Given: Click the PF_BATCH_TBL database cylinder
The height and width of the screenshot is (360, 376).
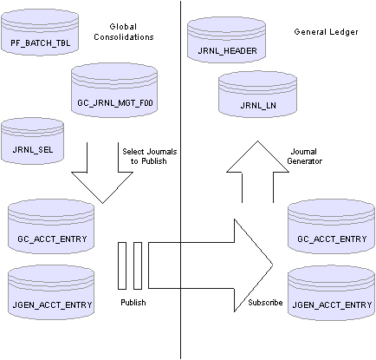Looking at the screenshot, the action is point(40,32).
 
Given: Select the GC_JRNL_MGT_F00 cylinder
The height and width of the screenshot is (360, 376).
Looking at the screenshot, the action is point(114,90).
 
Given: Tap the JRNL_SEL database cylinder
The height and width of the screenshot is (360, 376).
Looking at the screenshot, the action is point(32,141).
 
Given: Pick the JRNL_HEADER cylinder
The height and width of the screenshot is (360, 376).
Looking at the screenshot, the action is point(226,40).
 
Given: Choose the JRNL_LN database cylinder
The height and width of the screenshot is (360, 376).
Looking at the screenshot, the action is point(257,95).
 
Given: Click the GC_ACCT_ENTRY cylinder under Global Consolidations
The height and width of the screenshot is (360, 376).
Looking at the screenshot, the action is point(51,226).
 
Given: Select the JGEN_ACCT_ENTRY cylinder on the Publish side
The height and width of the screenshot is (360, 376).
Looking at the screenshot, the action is point(51,292).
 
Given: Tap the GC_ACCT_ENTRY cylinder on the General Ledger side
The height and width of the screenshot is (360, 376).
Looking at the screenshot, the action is point(331,226).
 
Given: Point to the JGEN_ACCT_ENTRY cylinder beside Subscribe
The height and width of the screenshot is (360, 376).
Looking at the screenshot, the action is point(331,292).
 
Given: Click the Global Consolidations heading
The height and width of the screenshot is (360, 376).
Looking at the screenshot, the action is point(124,32).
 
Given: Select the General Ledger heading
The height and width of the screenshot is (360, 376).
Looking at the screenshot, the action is point(326,32).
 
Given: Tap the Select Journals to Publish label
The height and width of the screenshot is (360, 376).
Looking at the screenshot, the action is point(149,156).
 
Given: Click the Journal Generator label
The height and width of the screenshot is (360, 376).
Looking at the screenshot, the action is point(304,156).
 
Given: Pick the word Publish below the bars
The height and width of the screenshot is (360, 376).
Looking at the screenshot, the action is point(133,302).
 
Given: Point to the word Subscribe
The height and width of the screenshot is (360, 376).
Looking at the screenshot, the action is point(265,302).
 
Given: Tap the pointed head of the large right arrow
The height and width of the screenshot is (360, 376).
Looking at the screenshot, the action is point(273,265).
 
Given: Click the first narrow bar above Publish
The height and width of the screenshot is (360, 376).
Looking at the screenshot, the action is point(122,265).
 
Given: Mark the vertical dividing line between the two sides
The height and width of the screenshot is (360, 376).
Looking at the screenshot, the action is point(181,180).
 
